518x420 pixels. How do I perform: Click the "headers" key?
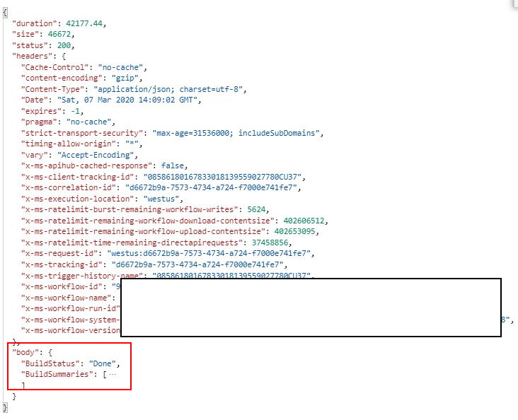tap(32, 55)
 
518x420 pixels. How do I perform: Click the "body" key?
tap(25, 352)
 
